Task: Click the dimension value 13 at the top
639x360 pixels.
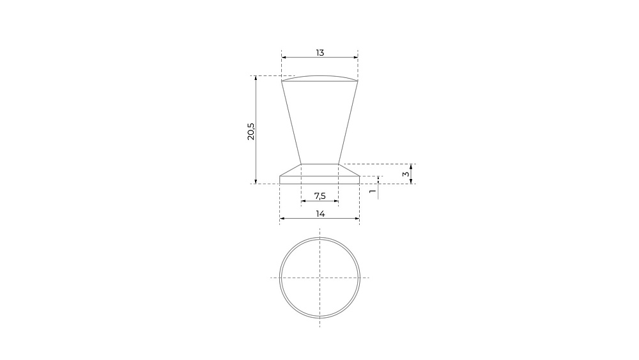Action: (320, 52)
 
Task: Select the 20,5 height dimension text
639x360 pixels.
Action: (251, 131)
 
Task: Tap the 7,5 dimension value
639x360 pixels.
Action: (320, 196)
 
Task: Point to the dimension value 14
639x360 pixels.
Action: (320, 214)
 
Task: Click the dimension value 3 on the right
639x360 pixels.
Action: (406, 174)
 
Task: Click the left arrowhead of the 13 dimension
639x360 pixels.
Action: (284, 58)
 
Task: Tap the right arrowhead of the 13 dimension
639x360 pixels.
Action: (355, 58)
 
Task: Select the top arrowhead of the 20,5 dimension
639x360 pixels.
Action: (256, 78)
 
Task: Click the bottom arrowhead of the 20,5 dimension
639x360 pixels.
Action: (256, 182)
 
